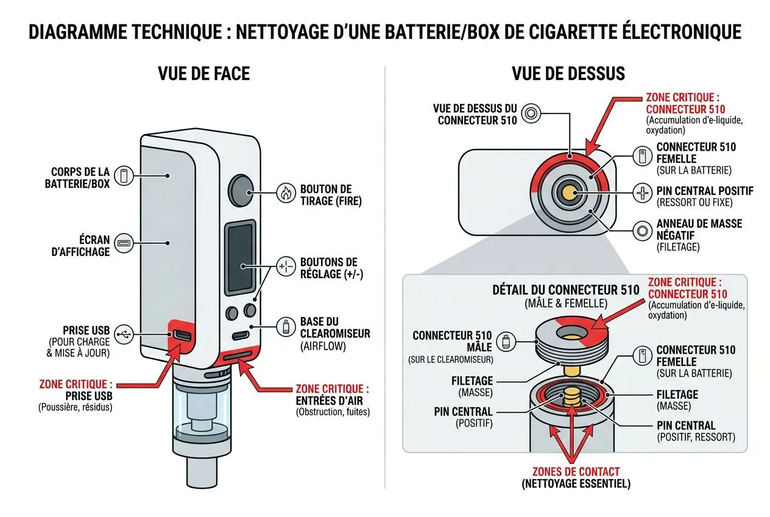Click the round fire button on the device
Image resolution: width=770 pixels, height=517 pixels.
tap(241, 190)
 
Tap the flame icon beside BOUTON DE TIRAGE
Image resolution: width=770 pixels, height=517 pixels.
tap(285, 193)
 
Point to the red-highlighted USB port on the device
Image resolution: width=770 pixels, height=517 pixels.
tap(183, 335)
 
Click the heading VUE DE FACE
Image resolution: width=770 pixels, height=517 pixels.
tap(203, 74)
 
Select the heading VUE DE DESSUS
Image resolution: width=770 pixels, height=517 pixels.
tap(568, 74)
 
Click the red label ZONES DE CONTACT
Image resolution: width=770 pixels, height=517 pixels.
tap(576, 471)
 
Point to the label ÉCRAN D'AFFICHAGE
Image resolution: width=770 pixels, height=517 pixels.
tap(77, 244)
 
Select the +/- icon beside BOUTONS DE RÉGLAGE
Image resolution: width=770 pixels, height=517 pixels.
tap(285, 267)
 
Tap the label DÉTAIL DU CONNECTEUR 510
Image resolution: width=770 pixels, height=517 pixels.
tap(566, 290)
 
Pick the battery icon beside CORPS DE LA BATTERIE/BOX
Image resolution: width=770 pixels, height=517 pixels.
tap(124, 176)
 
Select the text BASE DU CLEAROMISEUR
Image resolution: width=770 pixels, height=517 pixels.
tap(334, 328)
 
